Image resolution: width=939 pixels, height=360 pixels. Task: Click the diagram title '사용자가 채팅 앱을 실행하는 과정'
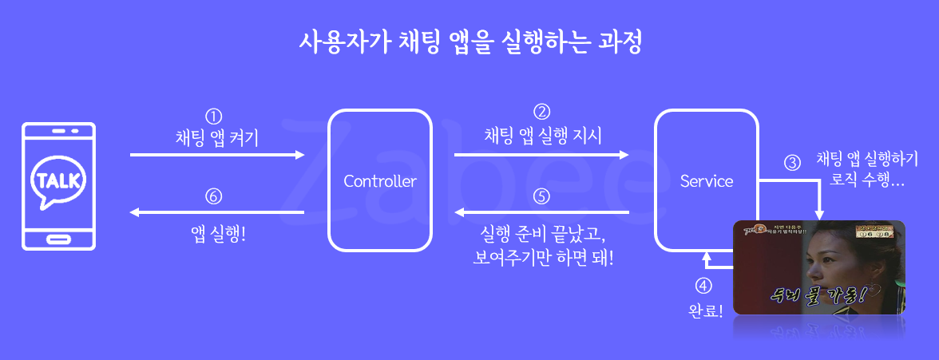click(469, 41)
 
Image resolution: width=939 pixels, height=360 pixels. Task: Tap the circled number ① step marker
click(213, 115)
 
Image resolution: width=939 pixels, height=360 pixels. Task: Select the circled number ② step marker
click(542, 112)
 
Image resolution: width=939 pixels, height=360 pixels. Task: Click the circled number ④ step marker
click(703, 285)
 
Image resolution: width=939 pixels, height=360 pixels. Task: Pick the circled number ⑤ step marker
click(541, 195)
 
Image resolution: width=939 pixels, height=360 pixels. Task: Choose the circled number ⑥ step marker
click(213, 196)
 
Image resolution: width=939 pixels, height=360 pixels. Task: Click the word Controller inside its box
click(380, 181)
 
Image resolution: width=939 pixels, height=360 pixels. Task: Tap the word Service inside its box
click(707, 181)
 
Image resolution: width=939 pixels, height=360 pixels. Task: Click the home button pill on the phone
click(59, 238)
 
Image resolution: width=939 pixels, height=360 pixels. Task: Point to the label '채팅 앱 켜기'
click(217, 136)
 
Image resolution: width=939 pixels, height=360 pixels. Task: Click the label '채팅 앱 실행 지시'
click(543, 134)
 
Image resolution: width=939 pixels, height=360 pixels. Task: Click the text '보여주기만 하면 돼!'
click(543, 258)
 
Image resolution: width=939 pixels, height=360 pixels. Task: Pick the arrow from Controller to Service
click(541, 155)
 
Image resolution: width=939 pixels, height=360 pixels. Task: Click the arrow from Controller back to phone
click(217, 213)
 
